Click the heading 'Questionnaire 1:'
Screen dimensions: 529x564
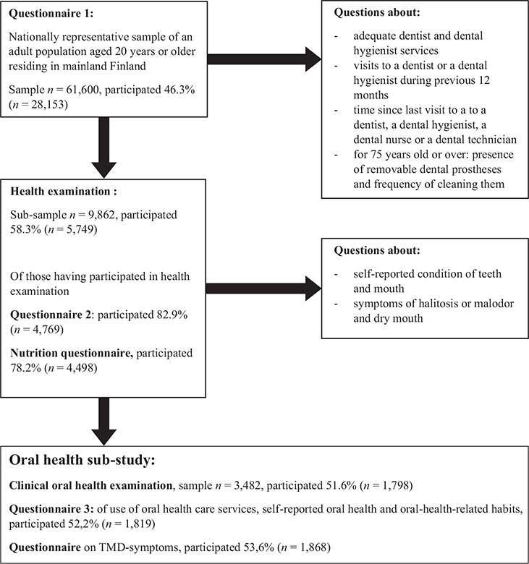(51, 14)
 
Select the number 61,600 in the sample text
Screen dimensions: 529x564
(82, 90)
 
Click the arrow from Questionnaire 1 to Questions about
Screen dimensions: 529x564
(264, 60)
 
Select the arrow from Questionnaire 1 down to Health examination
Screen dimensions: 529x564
(103, 148)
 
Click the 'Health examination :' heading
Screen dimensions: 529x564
(64, 192)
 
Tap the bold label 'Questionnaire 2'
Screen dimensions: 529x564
(52, 315)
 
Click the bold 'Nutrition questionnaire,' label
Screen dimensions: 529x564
(72, 353)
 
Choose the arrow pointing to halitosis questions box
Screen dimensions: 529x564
(263, 289)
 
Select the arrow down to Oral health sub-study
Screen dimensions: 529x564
(103, 422)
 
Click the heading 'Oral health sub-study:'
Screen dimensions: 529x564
(82, 460)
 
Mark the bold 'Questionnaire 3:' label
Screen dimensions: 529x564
(51, 509)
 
